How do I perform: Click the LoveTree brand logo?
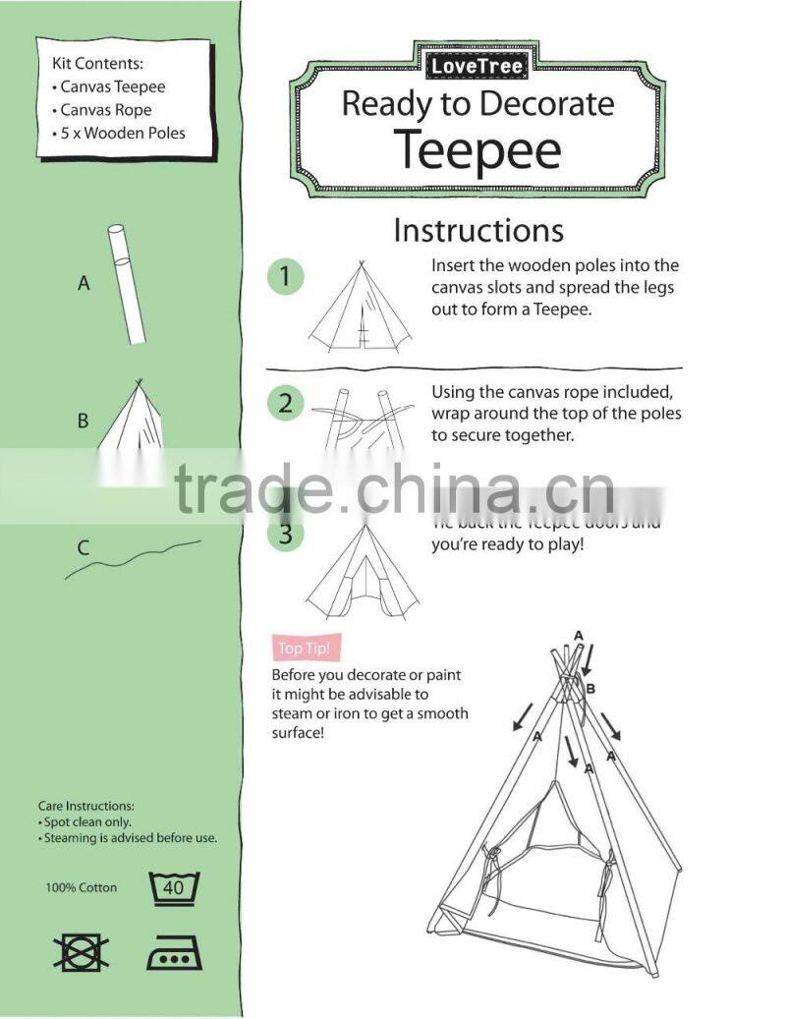(x=477, y=67)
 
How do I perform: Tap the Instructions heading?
(x=478, y=230)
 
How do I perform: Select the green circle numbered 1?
(x=286, y=277)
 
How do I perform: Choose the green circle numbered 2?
(x=286, y=403)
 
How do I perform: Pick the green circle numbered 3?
(x=286, y=534)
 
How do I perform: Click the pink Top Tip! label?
(x=304, y=648)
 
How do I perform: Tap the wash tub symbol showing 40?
(x=173, y=888)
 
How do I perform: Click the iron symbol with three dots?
(x=173, y=952)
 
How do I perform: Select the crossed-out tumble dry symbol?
(x=81, y=952)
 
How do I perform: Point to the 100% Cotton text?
(x=81, y=888)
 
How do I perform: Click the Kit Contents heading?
(x=97, y=63)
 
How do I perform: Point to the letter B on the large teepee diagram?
(x=590, y=690)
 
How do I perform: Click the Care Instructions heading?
(x=86, y=806)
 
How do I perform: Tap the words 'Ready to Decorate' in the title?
(x=477, y=104)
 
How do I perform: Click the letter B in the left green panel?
(x=84, y=422)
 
